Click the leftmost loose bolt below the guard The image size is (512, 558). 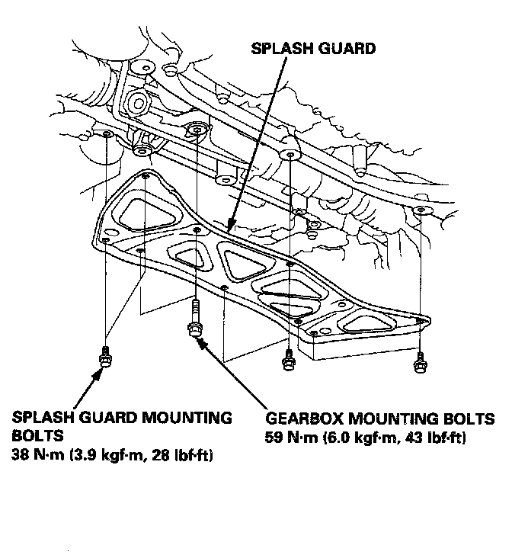click(104, 358)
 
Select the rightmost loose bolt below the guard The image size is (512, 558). click(419, 361)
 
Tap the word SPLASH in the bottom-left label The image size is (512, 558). click(44, 418)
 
